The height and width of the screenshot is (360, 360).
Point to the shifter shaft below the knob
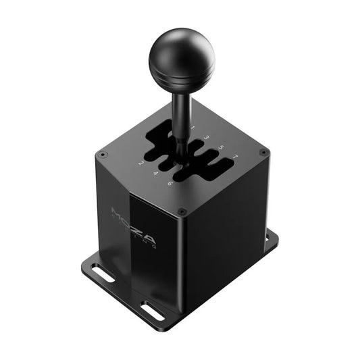point(181,115)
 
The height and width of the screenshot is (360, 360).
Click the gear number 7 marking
point(234,157)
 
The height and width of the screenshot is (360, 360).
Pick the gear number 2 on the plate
point(139,163)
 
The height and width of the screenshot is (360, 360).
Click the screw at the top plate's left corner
point(102,155)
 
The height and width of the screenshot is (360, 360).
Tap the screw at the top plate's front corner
point(181,211)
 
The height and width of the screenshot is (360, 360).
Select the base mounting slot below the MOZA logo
point(104,274)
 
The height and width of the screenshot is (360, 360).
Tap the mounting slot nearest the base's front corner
point(153,311)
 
